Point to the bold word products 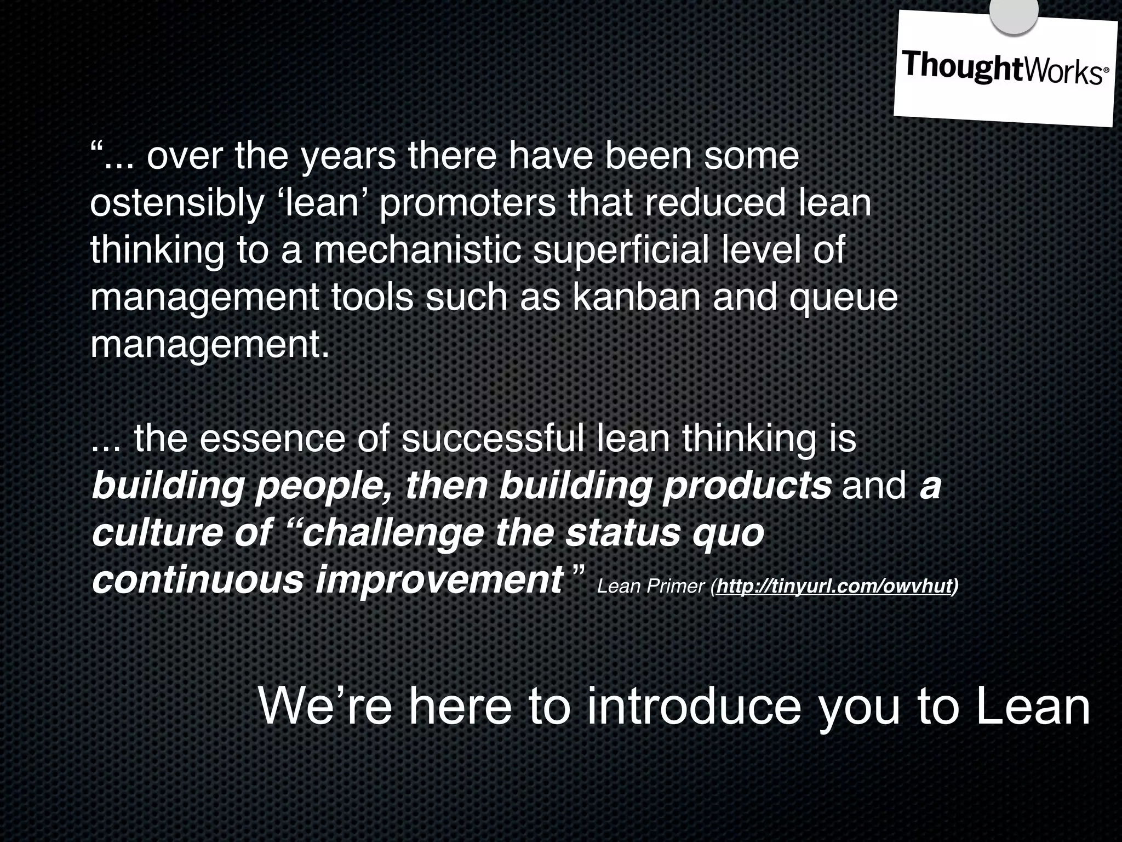click(747, 487)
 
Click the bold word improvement click(439, 580)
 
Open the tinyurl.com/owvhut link click(833, 587)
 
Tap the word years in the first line click(348, 158)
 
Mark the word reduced click(713, 204)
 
